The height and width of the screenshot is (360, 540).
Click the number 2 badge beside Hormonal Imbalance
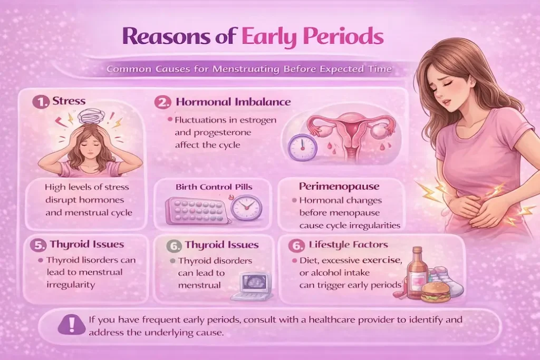(163, 102)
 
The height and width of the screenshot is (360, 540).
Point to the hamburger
(436, 291)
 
